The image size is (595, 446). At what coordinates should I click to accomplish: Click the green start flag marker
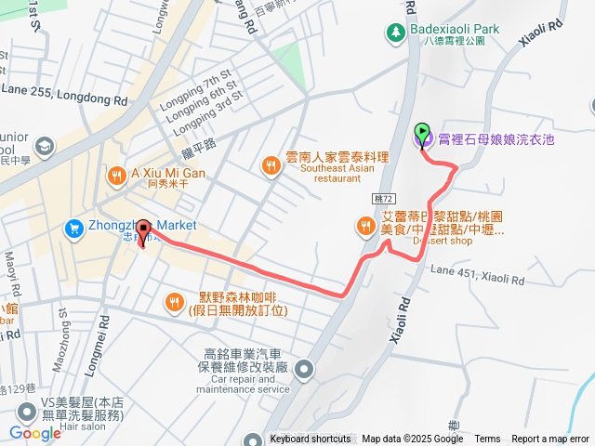point(422,133)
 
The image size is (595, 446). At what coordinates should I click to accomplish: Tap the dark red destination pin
point(144,230)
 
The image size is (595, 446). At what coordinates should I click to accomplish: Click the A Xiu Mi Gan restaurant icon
point(116,174)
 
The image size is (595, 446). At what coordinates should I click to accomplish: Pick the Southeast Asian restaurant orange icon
point(271,164)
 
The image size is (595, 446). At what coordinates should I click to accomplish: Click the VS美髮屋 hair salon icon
point(24,410)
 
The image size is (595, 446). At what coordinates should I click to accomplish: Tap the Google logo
point(34,432)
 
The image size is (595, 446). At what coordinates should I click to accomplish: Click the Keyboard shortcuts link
point(311,439)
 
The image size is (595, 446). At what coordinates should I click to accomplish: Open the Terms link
point(487,439)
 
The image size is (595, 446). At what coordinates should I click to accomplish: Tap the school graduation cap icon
point(44,147)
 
